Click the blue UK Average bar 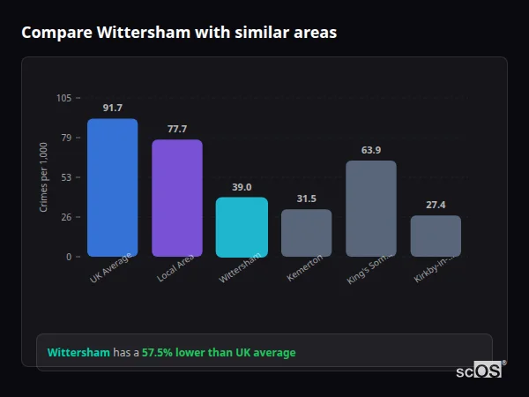coord(112,188)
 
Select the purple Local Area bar coord(177,198)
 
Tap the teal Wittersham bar coord(242,227)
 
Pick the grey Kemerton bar coord(306,233)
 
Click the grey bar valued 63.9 coord(371,209)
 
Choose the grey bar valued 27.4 coord(436,236)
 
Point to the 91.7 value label coord(112,108)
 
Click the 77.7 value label coord(177,129)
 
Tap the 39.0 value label coord(242,187)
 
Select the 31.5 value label coord(306,198)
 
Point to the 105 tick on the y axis coord(63,98)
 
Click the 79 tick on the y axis coord(66,138)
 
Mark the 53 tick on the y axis coord(66,177)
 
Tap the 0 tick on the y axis coord(69,257)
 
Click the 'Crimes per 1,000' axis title coord(43,177)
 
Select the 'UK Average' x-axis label coord(111,268)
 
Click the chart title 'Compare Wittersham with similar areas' coord(179,32)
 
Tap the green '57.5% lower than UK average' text coord(219,352)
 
